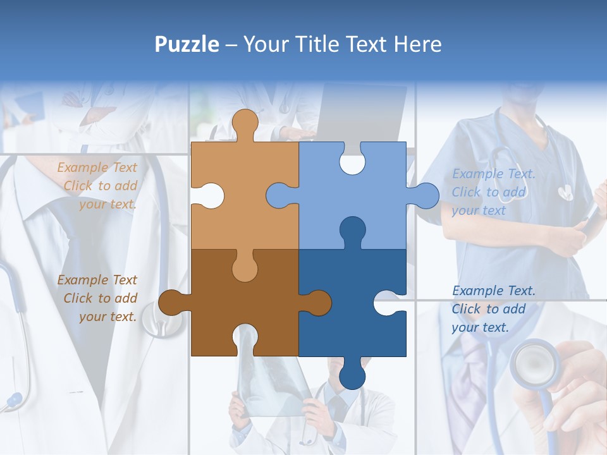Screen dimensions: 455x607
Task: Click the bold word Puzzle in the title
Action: (x=187, y=44)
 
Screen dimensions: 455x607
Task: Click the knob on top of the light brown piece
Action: (x=245, y=124)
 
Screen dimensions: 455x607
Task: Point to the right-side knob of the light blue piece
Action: (x=424, y=196)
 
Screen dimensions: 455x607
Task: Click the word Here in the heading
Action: (x=417, y=44)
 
